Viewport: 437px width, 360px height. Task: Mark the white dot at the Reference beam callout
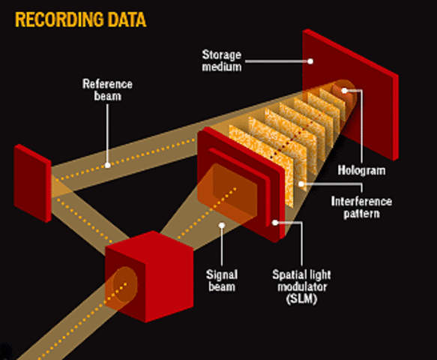(108, 164)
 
